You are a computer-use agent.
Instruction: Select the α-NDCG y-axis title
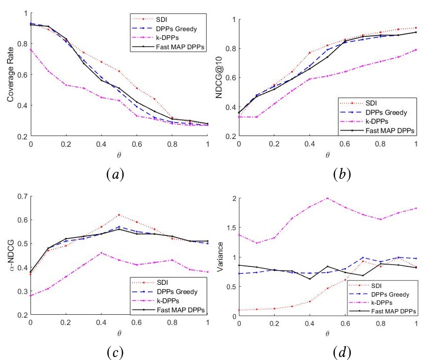(x=10, y=255)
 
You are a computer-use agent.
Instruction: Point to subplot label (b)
(x=342, y=174)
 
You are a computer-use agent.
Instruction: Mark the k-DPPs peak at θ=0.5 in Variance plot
(x=328, y=198)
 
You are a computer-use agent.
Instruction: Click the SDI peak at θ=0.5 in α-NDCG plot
(x=119, y=215)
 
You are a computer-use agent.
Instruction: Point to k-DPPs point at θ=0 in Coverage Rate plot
(x=31, y=50)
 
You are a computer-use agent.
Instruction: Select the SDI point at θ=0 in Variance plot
(x=240, y=310)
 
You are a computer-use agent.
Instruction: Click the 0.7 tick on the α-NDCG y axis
(x=23, y=196)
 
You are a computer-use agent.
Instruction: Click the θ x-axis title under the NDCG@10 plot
(x=328, y=155)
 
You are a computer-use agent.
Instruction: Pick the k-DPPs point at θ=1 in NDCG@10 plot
(x=416, y=50)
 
